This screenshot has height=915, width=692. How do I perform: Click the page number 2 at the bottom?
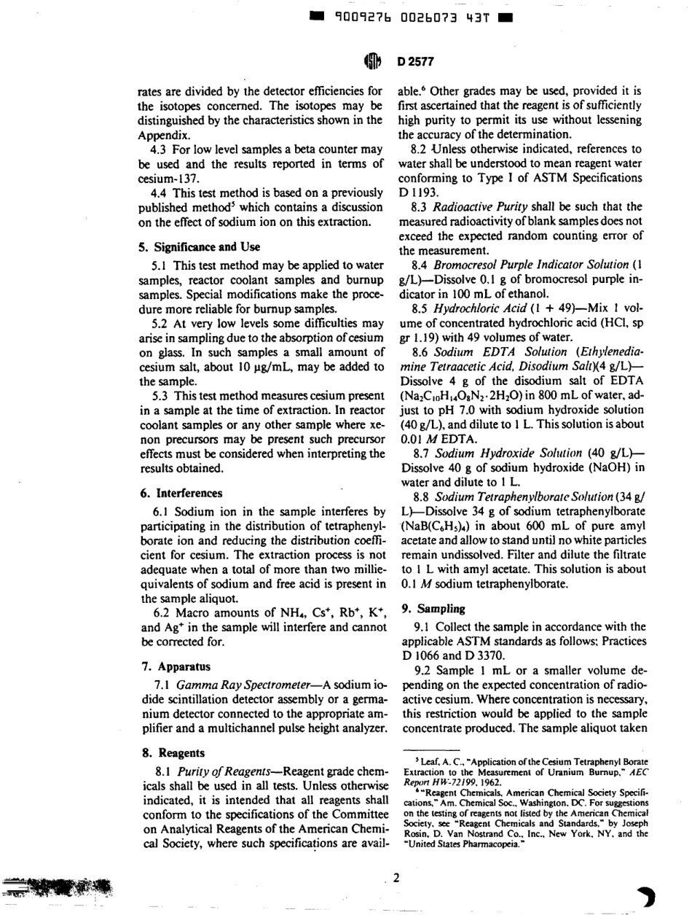point(397,878)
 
